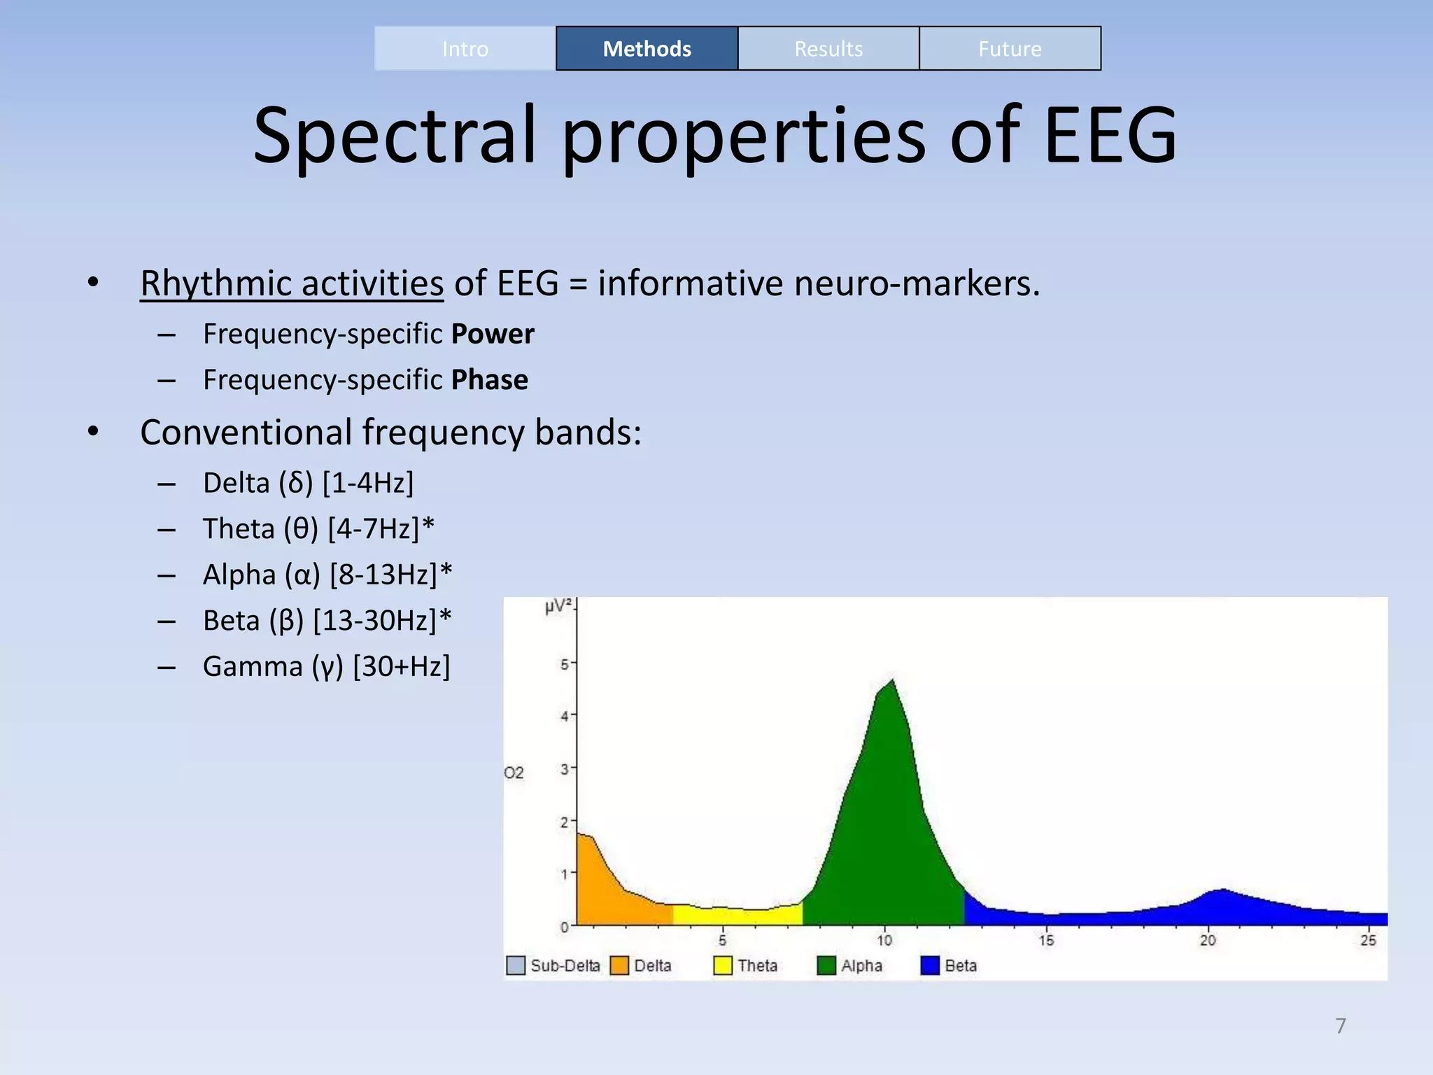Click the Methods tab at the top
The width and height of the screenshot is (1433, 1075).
pos(647,48)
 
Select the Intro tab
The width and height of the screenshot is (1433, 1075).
pos(465,48)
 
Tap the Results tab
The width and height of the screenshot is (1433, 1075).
pos(828,48)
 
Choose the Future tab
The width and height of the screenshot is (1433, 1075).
pos(1010,48)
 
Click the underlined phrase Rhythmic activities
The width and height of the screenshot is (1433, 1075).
pos(292,283)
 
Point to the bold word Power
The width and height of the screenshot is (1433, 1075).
pos(493,334)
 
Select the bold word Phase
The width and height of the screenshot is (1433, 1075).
pos(490,380)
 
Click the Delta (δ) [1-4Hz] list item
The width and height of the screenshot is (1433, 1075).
pos(308,483)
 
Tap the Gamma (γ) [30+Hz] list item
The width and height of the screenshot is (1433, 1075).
pos(326,666)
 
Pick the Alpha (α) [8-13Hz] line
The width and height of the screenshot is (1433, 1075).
pos(327,575)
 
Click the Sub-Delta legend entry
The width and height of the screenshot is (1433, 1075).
pos(553,966)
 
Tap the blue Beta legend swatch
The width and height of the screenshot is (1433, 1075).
pos(930,966)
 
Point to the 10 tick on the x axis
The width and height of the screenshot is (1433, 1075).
pos(884,940)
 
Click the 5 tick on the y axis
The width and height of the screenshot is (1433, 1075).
pos(565,663)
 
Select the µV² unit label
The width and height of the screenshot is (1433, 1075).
pos(558,606)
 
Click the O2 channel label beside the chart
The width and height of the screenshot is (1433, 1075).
pos(514,773)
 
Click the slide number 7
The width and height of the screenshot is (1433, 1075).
pos(1341,1026)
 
